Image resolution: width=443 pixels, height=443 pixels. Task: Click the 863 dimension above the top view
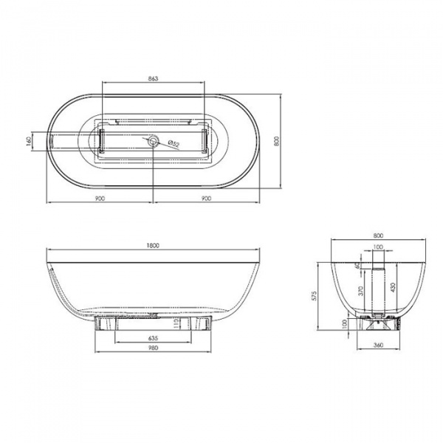click(153, 78)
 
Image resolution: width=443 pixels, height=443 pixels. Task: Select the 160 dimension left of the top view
click(28, 140)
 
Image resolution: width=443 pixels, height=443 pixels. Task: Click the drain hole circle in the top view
click(153, 140)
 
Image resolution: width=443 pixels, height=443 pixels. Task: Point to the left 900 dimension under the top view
click(100, 197)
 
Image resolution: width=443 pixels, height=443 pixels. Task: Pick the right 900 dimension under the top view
click(206, 197)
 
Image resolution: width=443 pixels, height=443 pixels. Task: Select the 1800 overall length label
click(154, 246)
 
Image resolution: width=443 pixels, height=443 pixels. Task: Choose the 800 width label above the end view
click(377, 237)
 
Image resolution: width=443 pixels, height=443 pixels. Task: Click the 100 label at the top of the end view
click(378, 247)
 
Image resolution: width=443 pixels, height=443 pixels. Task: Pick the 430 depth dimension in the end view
click(393, 286)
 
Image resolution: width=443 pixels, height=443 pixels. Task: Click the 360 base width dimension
click(377, 345)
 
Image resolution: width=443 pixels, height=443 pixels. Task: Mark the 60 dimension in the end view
click(357, 265)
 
